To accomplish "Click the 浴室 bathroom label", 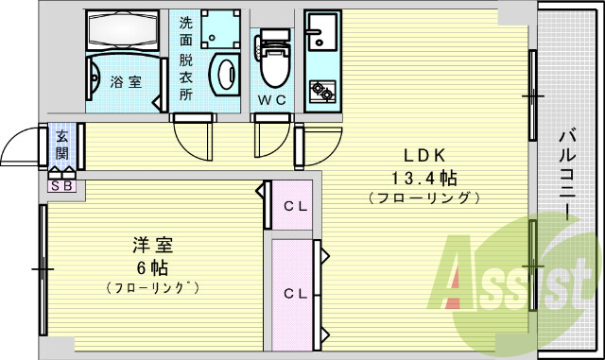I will (126, 81).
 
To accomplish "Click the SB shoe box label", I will (61, 186).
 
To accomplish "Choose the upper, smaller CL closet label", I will (294, 206).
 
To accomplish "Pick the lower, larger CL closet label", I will (295, 293).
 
